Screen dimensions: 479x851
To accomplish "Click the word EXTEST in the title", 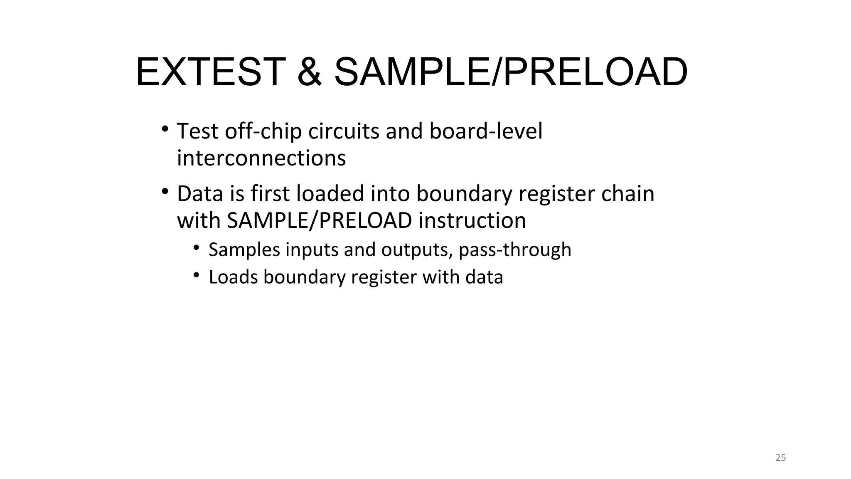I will click(x=210, y=72).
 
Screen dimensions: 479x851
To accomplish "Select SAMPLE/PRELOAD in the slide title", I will click(x=511, y=72).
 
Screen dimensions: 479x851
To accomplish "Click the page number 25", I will click(x=781, y=458).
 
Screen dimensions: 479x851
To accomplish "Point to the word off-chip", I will click(x=263, y=131).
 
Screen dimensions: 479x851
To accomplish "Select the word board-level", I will click(x=486, y=131).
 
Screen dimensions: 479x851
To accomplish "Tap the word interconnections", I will click(x=261, y=158).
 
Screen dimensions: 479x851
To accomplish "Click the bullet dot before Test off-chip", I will click(x=165, y=128).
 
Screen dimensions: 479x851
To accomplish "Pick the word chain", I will click(x=627, y=194).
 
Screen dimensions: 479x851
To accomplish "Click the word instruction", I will click(x=472, y=221).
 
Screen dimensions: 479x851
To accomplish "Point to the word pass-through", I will click(x=515, y=250).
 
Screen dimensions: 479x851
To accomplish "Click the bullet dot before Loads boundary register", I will click(x=197, y=275).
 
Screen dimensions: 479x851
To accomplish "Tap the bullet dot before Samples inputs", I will click(x=197, y=247).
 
